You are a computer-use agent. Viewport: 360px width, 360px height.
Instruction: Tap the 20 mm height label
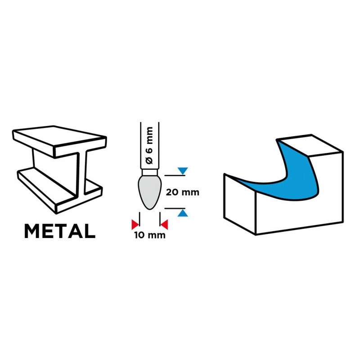point(182,192)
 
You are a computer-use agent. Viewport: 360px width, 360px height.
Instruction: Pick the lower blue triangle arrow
point(182,213)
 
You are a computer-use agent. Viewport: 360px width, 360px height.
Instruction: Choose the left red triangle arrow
point(134,224)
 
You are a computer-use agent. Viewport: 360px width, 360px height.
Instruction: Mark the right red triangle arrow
point(164,224)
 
